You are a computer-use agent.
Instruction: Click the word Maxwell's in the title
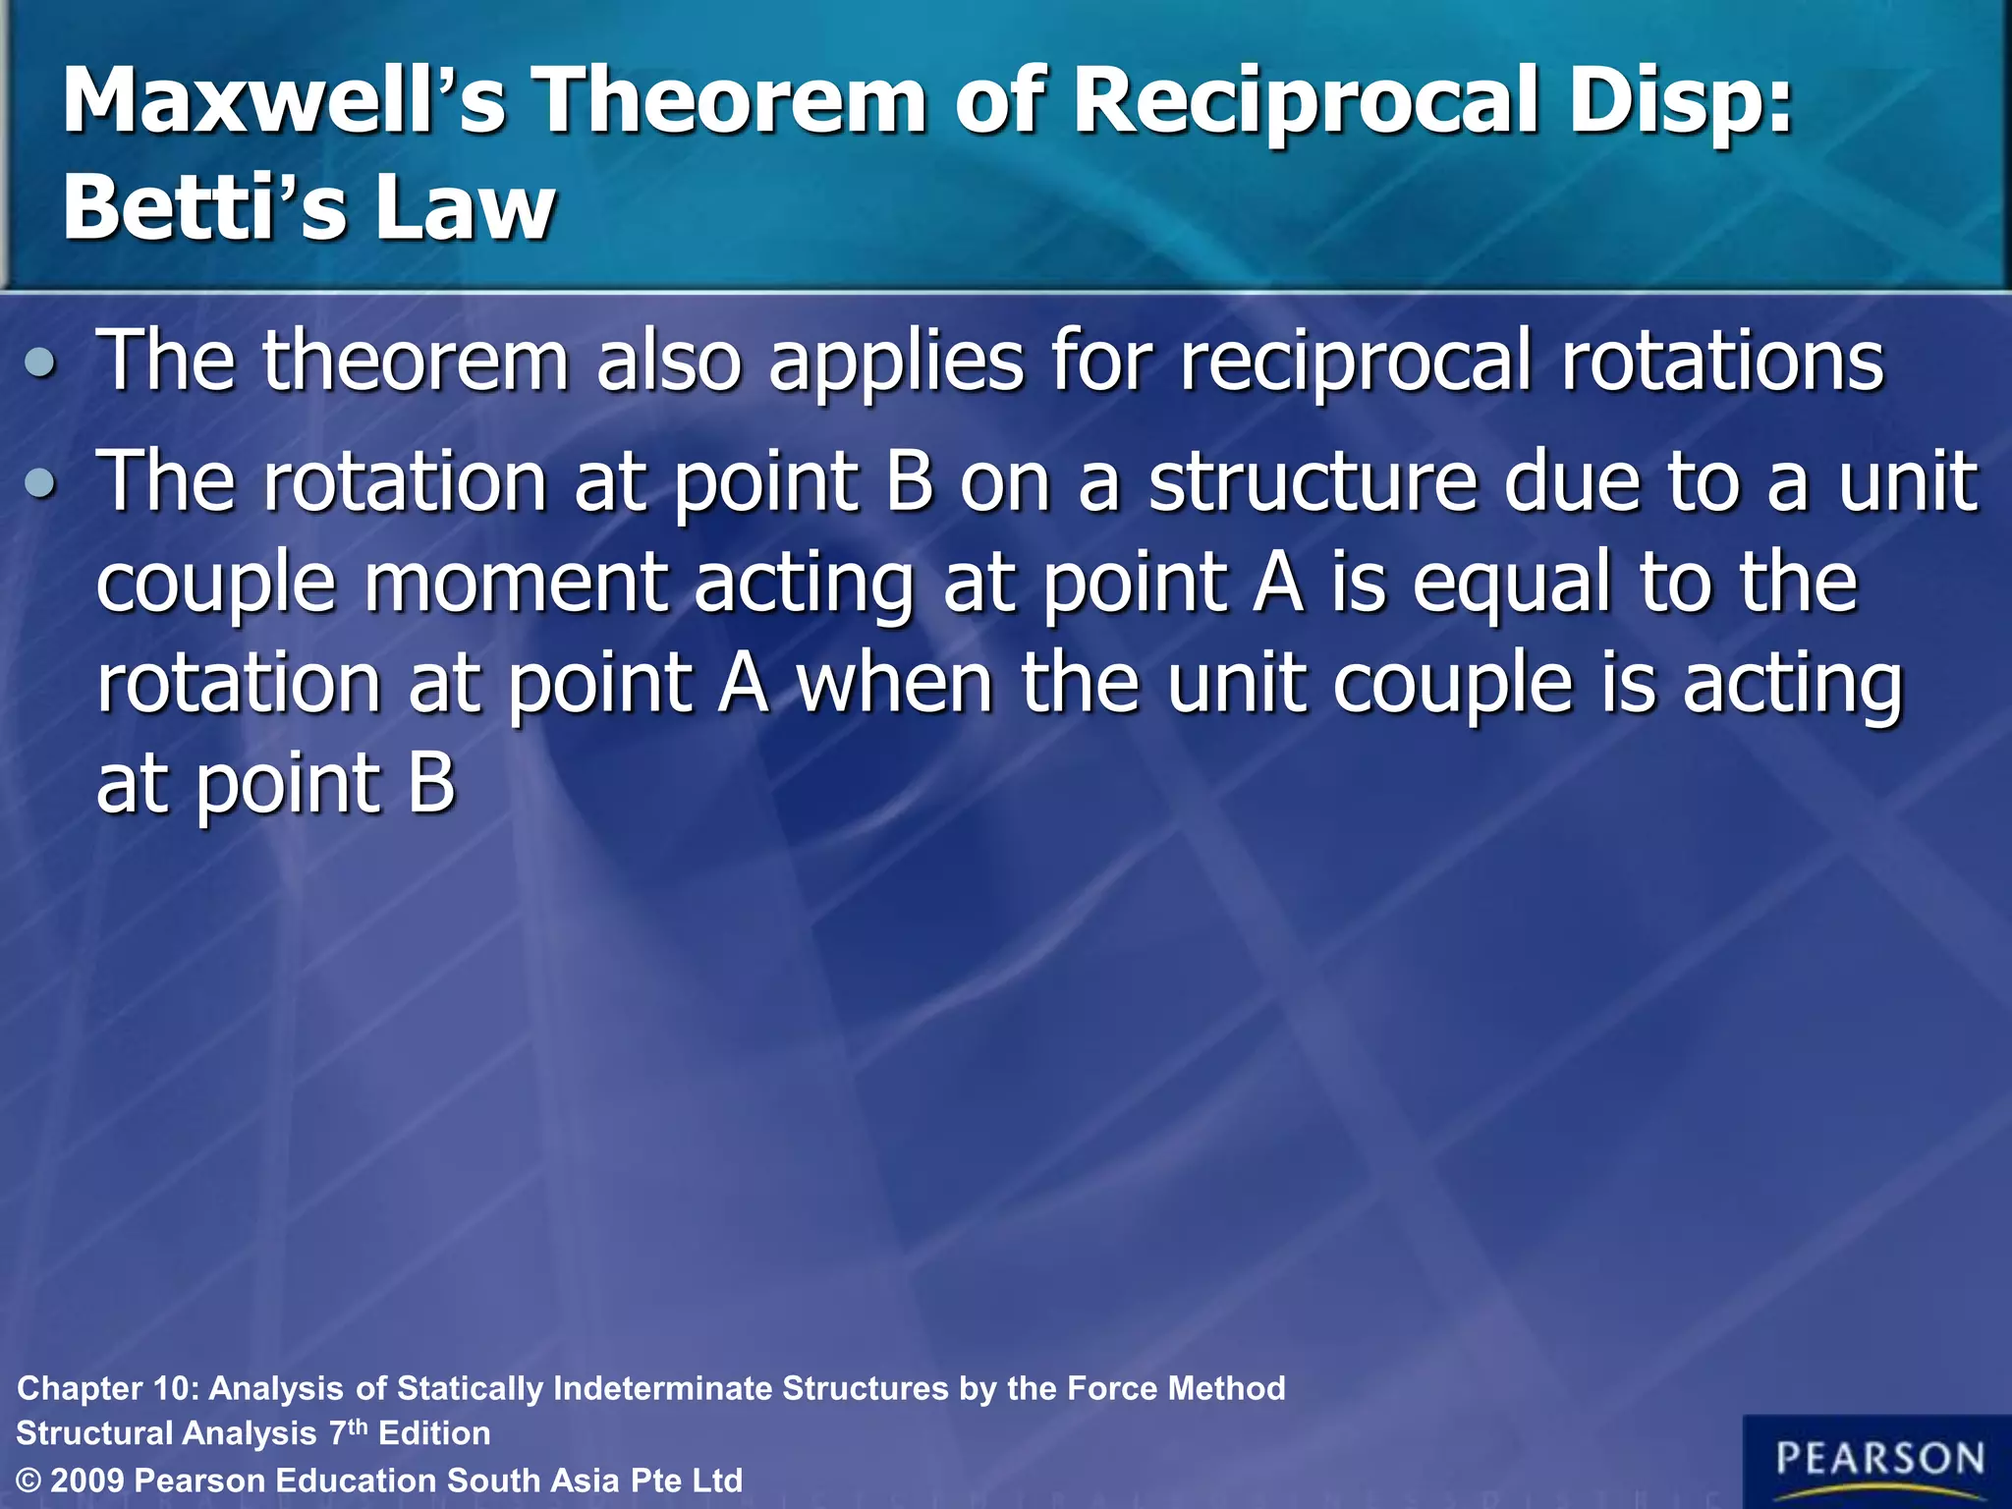285,101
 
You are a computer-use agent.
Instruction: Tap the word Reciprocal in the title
1307,101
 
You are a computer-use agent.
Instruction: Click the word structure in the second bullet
1313,481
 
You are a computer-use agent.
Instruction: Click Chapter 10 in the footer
108,1388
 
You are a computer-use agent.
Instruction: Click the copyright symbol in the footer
29,1481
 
